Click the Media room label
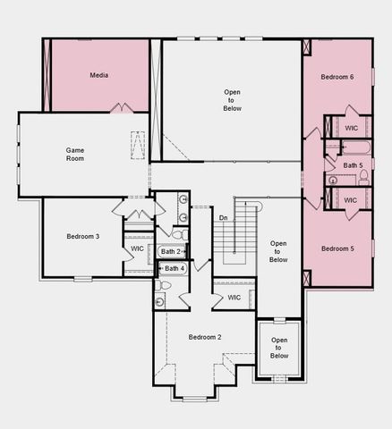click(99, 75)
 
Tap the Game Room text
click(75, 153)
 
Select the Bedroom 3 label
click(82, 236)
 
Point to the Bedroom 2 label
click(205, 337)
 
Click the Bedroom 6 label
click(337, 78)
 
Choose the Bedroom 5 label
click(337, 248)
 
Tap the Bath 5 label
click(353, 165)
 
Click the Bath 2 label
click(172, 252)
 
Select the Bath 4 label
click(173, 269)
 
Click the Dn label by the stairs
click(224, 217)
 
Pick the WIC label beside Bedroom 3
click(137, 248)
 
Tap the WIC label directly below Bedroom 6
click(351, 128)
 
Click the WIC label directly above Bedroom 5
click(351, 200)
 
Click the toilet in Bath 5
click(363, 178)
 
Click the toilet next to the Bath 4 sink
click(166, 286)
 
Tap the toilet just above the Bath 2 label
click(177, 235)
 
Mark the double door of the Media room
click(122, 108)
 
